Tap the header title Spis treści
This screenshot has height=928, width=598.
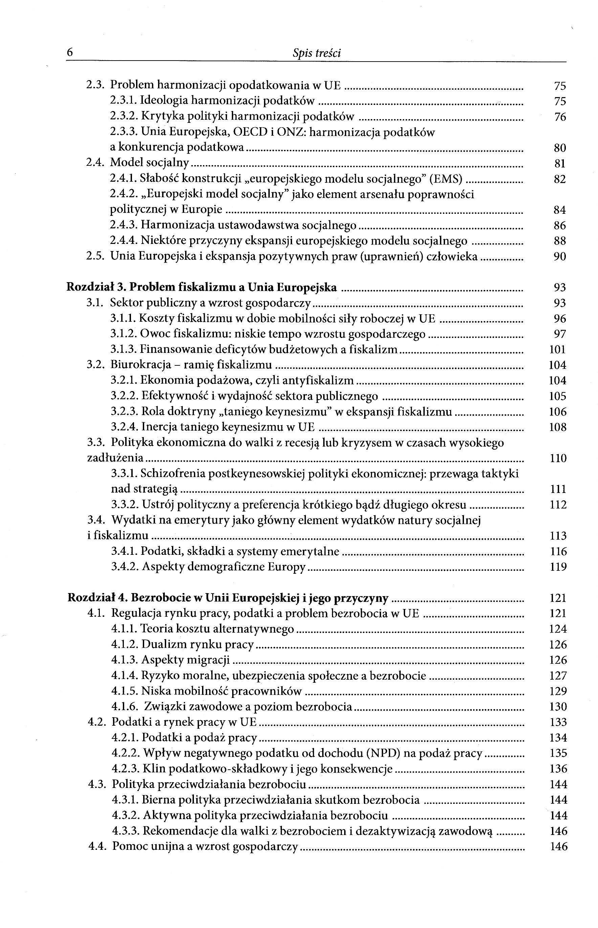click(x=316, y=53)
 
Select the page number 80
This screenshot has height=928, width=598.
click(x=559, y=148)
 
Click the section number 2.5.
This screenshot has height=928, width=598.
click(x=95, y=256)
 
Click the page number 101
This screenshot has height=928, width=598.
click(x=558, y=350)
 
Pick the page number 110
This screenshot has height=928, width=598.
click(x=558, y=458)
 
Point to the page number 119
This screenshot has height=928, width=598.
click(x=558, y=567)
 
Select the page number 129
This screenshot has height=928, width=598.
click(x=558, y=691)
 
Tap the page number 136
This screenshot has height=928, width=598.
click(x=558, y=769)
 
